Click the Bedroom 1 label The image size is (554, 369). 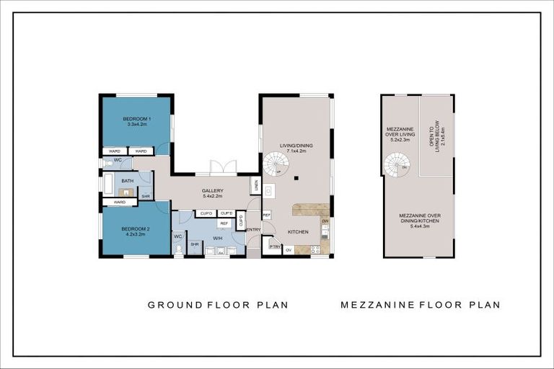pyautogui.click(x=136, y=118)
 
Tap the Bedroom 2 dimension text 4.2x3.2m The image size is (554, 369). pyautogui.click(x=136, y=234)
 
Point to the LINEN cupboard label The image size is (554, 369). pyautogui.click(x=255, y=185)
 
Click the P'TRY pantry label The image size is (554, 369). pyautogui.click(x=274, y=246)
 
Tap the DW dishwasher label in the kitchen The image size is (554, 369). pyautogui.click(x=325, y=221)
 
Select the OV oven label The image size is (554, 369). pyautogui.click(x=289, y=250)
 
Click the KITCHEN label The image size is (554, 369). pyautogui.click(x=298, y=232)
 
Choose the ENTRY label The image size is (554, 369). pyautogui.click(x=254, y=230)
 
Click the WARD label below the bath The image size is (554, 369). pyautogui.click(x=120, y=203)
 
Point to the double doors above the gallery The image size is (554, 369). pyautogui.click(x=223, y=168)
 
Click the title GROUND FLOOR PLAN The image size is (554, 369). pyautogui.click(x=218, y=305)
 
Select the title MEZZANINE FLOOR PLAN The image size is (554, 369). pyautogui.click(x=421, y=305)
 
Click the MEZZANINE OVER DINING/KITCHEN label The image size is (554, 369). pyautogui.click(x=419, y=219)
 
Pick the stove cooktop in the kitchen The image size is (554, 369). pyautogui.click(x=315, y=249)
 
